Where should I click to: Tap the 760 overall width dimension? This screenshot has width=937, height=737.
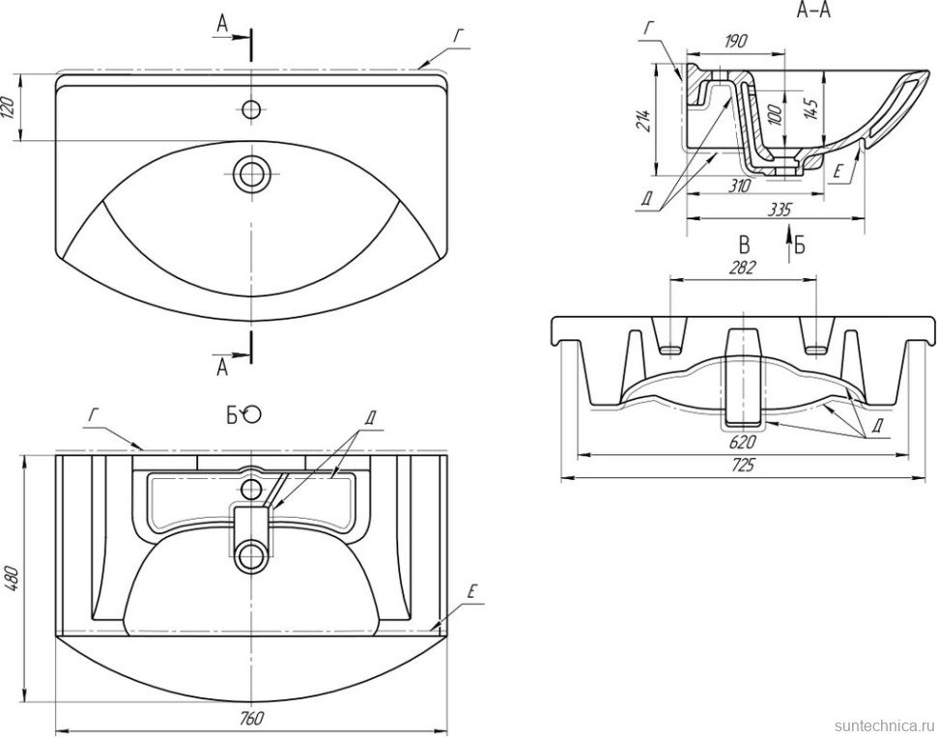tap(252, 718)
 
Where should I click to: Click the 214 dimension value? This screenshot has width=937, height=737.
tap(644, 121)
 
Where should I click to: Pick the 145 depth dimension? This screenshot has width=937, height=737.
tap(809, 104)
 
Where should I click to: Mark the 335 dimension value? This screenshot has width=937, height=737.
tap(779, 209)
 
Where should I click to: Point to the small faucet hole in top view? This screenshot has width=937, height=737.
tap(252, 107)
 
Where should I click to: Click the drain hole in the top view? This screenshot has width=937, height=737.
tap(252, 174)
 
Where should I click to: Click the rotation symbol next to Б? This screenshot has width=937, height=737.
tap(252, 414)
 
